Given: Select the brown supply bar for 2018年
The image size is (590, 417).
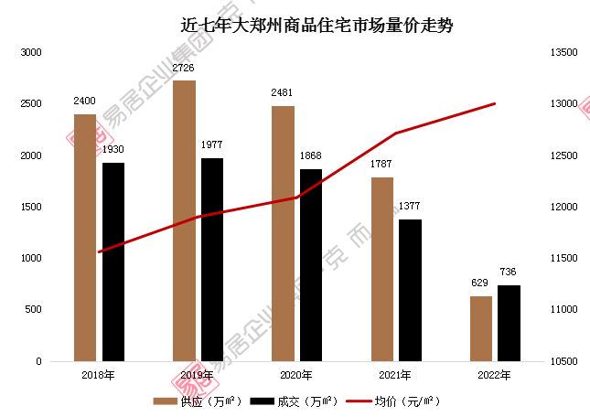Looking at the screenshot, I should click(x=85, y=238).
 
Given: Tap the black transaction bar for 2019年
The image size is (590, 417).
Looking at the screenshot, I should click(x=212, y=260).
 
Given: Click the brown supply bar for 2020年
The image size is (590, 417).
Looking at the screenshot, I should click(x=283, y=233).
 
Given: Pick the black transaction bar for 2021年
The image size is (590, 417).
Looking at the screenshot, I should click(x=410, y=290).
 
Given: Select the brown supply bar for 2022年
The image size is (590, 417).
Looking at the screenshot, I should click(x=481, y=328).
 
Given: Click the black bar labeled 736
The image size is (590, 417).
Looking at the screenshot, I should click(x=510, y=323).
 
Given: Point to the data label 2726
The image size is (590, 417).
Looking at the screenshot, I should click(x=184, y=69).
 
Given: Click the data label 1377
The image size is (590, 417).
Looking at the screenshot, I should click(x=411, y=208).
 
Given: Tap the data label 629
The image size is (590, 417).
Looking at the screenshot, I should click(x=481, y=284).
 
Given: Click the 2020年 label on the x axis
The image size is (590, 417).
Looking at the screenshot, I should click(x=295, y=375).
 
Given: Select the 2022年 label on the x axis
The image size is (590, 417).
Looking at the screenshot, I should click(x=494, y=375).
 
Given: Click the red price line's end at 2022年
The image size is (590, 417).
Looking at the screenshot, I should click(x=495, y=103).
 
